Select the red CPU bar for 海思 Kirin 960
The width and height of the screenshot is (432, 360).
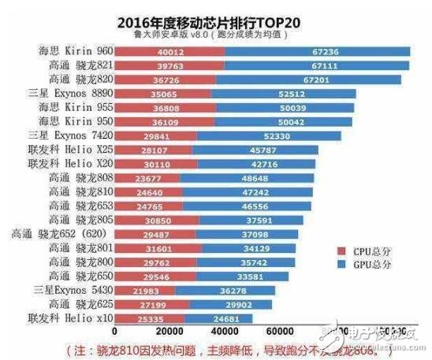[x=169, y=51]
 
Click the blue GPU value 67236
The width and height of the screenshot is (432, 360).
[x=318, y=51]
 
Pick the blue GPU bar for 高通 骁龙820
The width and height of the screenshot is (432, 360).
[x=307, y=80]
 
